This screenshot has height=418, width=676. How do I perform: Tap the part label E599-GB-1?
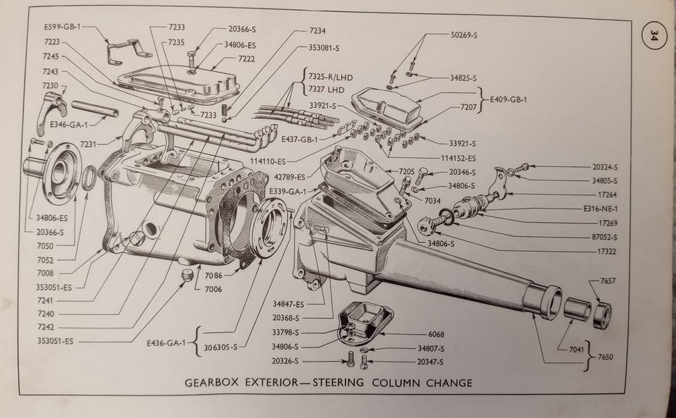click(63, 27)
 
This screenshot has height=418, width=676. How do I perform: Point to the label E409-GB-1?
click(509, 99)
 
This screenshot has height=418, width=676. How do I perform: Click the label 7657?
click(608, 281)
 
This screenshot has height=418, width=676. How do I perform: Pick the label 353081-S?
click(324, 48)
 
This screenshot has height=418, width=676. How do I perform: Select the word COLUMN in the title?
click(394, 383)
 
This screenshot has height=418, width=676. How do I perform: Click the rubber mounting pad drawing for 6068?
click(365, 319)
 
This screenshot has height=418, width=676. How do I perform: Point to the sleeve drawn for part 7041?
click(575, 309)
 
